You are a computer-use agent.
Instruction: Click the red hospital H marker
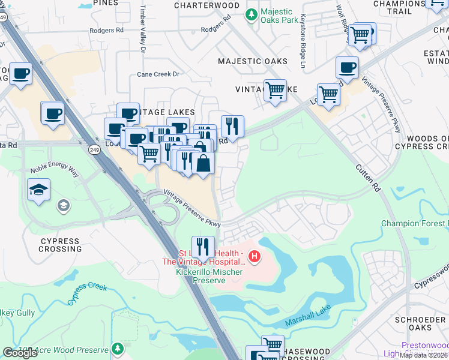(x=255, y=257)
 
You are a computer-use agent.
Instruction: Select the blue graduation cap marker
(x=37, y=190)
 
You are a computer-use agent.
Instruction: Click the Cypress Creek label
(x=87, y=293)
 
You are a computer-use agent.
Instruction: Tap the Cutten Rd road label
(x=367, y=178)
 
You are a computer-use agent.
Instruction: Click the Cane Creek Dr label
(x=158, y=74)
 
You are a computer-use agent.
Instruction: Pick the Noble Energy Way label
(x=54, y=171)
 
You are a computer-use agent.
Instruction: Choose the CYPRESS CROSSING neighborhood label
(x=61, y=245)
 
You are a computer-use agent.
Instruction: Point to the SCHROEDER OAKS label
(x=422, y=323)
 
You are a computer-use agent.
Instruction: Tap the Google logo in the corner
(x=20, y=353)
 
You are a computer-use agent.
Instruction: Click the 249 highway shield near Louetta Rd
(x=94, y=149)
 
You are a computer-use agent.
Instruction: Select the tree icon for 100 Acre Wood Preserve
(x=118, y=348)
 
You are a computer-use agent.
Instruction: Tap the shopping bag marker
(x=203, y=163)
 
